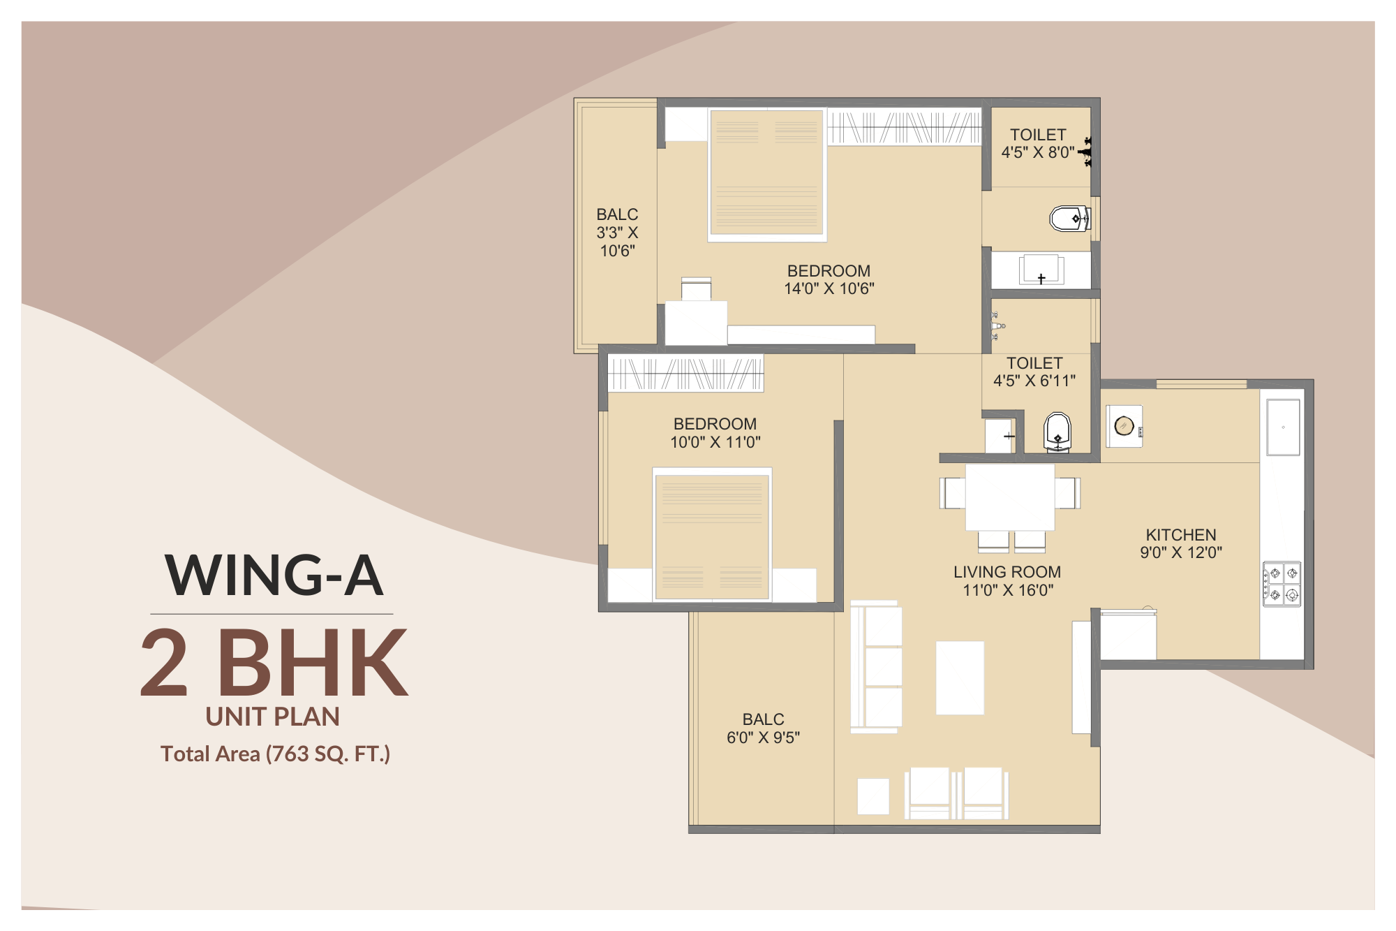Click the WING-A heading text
click(274, 576)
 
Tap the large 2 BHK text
click(274, 662)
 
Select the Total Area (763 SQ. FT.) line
click(275, 754)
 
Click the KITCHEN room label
click(1180, 535)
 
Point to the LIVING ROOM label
click(1007, 572)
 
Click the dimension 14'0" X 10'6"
click(829, 288)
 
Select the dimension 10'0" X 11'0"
click(715, 442)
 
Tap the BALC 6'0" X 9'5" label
click(763, 728)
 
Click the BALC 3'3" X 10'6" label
click(617, 233)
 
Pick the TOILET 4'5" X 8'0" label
click(1038, 143)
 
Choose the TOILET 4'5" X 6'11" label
click(1034, 372)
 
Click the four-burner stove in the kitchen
click(1282, 584)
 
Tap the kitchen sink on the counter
click(1283, 427)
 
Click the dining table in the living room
click(1009, 497)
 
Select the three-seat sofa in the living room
click(877, 667)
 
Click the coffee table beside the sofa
click(960, 677)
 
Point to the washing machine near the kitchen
click(1124, 426)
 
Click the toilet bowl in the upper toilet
click(1068, 219)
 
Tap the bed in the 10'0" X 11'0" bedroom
click(712, 535)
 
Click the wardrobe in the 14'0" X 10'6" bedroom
click(904, 127)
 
